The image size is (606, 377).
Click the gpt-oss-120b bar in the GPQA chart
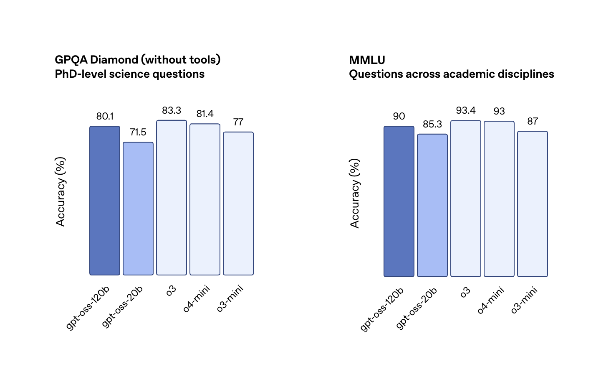tap(105, 201)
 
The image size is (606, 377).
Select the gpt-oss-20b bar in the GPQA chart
tap(138, 209)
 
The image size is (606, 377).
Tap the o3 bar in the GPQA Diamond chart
tap(172, 198)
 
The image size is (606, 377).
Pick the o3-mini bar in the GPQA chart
tap(238, 204)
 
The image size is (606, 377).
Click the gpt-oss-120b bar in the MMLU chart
tap(399, 201)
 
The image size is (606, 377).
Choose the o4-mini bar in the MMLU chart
tap(499, 199)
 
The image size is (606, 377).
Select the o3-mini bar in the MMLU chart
tap(533, 204)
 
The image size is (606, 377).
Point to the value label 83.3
tap(172, 110)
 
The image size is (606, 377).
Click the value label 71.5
tap(138, 132)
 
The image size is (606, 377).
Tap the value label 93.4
tap(466, 110)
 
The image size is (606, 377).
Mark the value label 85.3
tap(432, 124)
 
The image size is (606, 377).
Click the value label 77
tap(238, 122)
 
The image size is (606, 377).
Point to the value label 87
tap(533, 121)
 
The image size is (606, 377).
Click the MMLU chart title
tap(367, 60)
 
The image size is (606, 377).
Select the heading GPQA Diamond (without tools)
tap(138, 60)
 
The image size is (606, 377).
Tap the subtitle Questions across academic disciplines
tap(452, 74)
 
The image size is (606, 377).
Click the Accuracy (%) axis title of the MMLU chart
tap(355, 193)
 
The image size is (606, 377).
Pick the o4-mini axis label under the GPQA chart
tap(197, 298)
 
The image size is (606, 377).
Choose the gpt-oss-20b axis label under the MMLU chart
tap(417, 308)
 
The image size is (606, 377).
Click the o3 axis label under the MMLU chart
tap(465, 292)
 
